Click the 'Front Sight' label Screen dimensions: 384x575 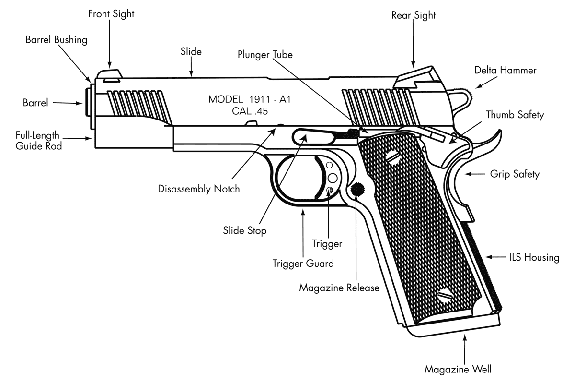coord(111,14)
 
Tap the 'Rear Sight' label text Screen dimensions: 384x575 coord(414,15)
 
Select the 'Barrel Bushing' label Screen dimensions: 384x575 coord(57,40)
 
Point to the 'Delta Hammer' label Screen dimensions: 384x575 coord(506,70)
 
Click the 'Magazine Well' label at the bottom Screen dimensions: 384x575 coord(458,369)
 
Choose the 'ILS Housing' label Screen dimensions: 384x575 coord(534,258)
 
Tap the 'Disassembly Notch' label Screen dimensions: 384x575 coord(199,189)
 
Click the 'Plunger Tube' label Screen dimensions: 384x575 coord(265,55)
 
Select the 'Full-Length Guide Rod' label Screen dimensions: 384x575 coord(38,141)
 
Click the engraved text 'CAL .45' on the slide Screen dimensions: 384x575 coord(249,111)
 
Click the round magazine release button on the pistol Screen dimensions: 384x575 coord(357,190)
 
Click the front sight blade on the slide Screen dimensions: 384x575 coord(110,73)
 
